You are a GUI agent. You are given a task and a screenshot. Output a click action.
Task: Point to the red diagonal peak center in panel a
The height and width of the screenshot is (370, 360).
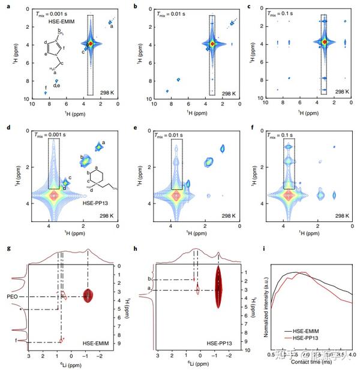pos(91,44)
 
